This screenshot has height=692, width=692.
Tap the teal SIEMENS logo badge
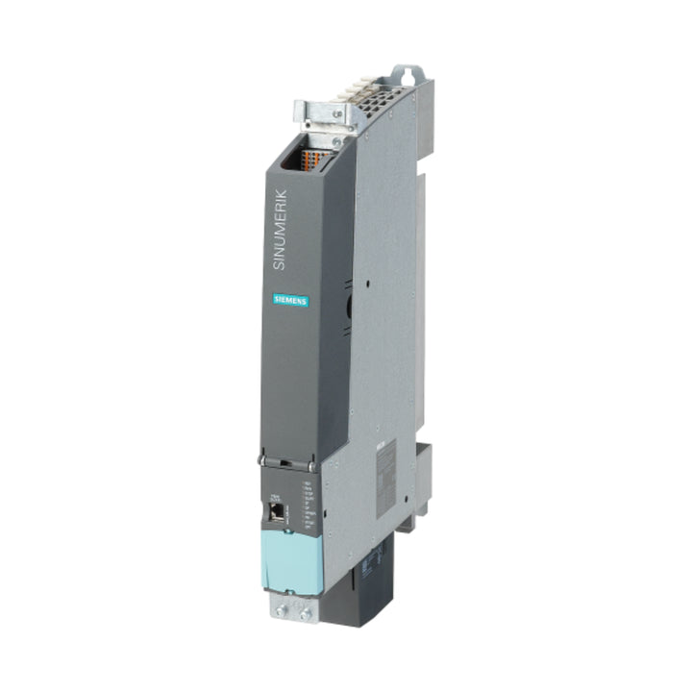pyautogui.click(x=290, y=301)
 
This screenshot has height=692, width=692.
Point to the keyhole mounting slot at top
pyautogui.click(x=408, y=74)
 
